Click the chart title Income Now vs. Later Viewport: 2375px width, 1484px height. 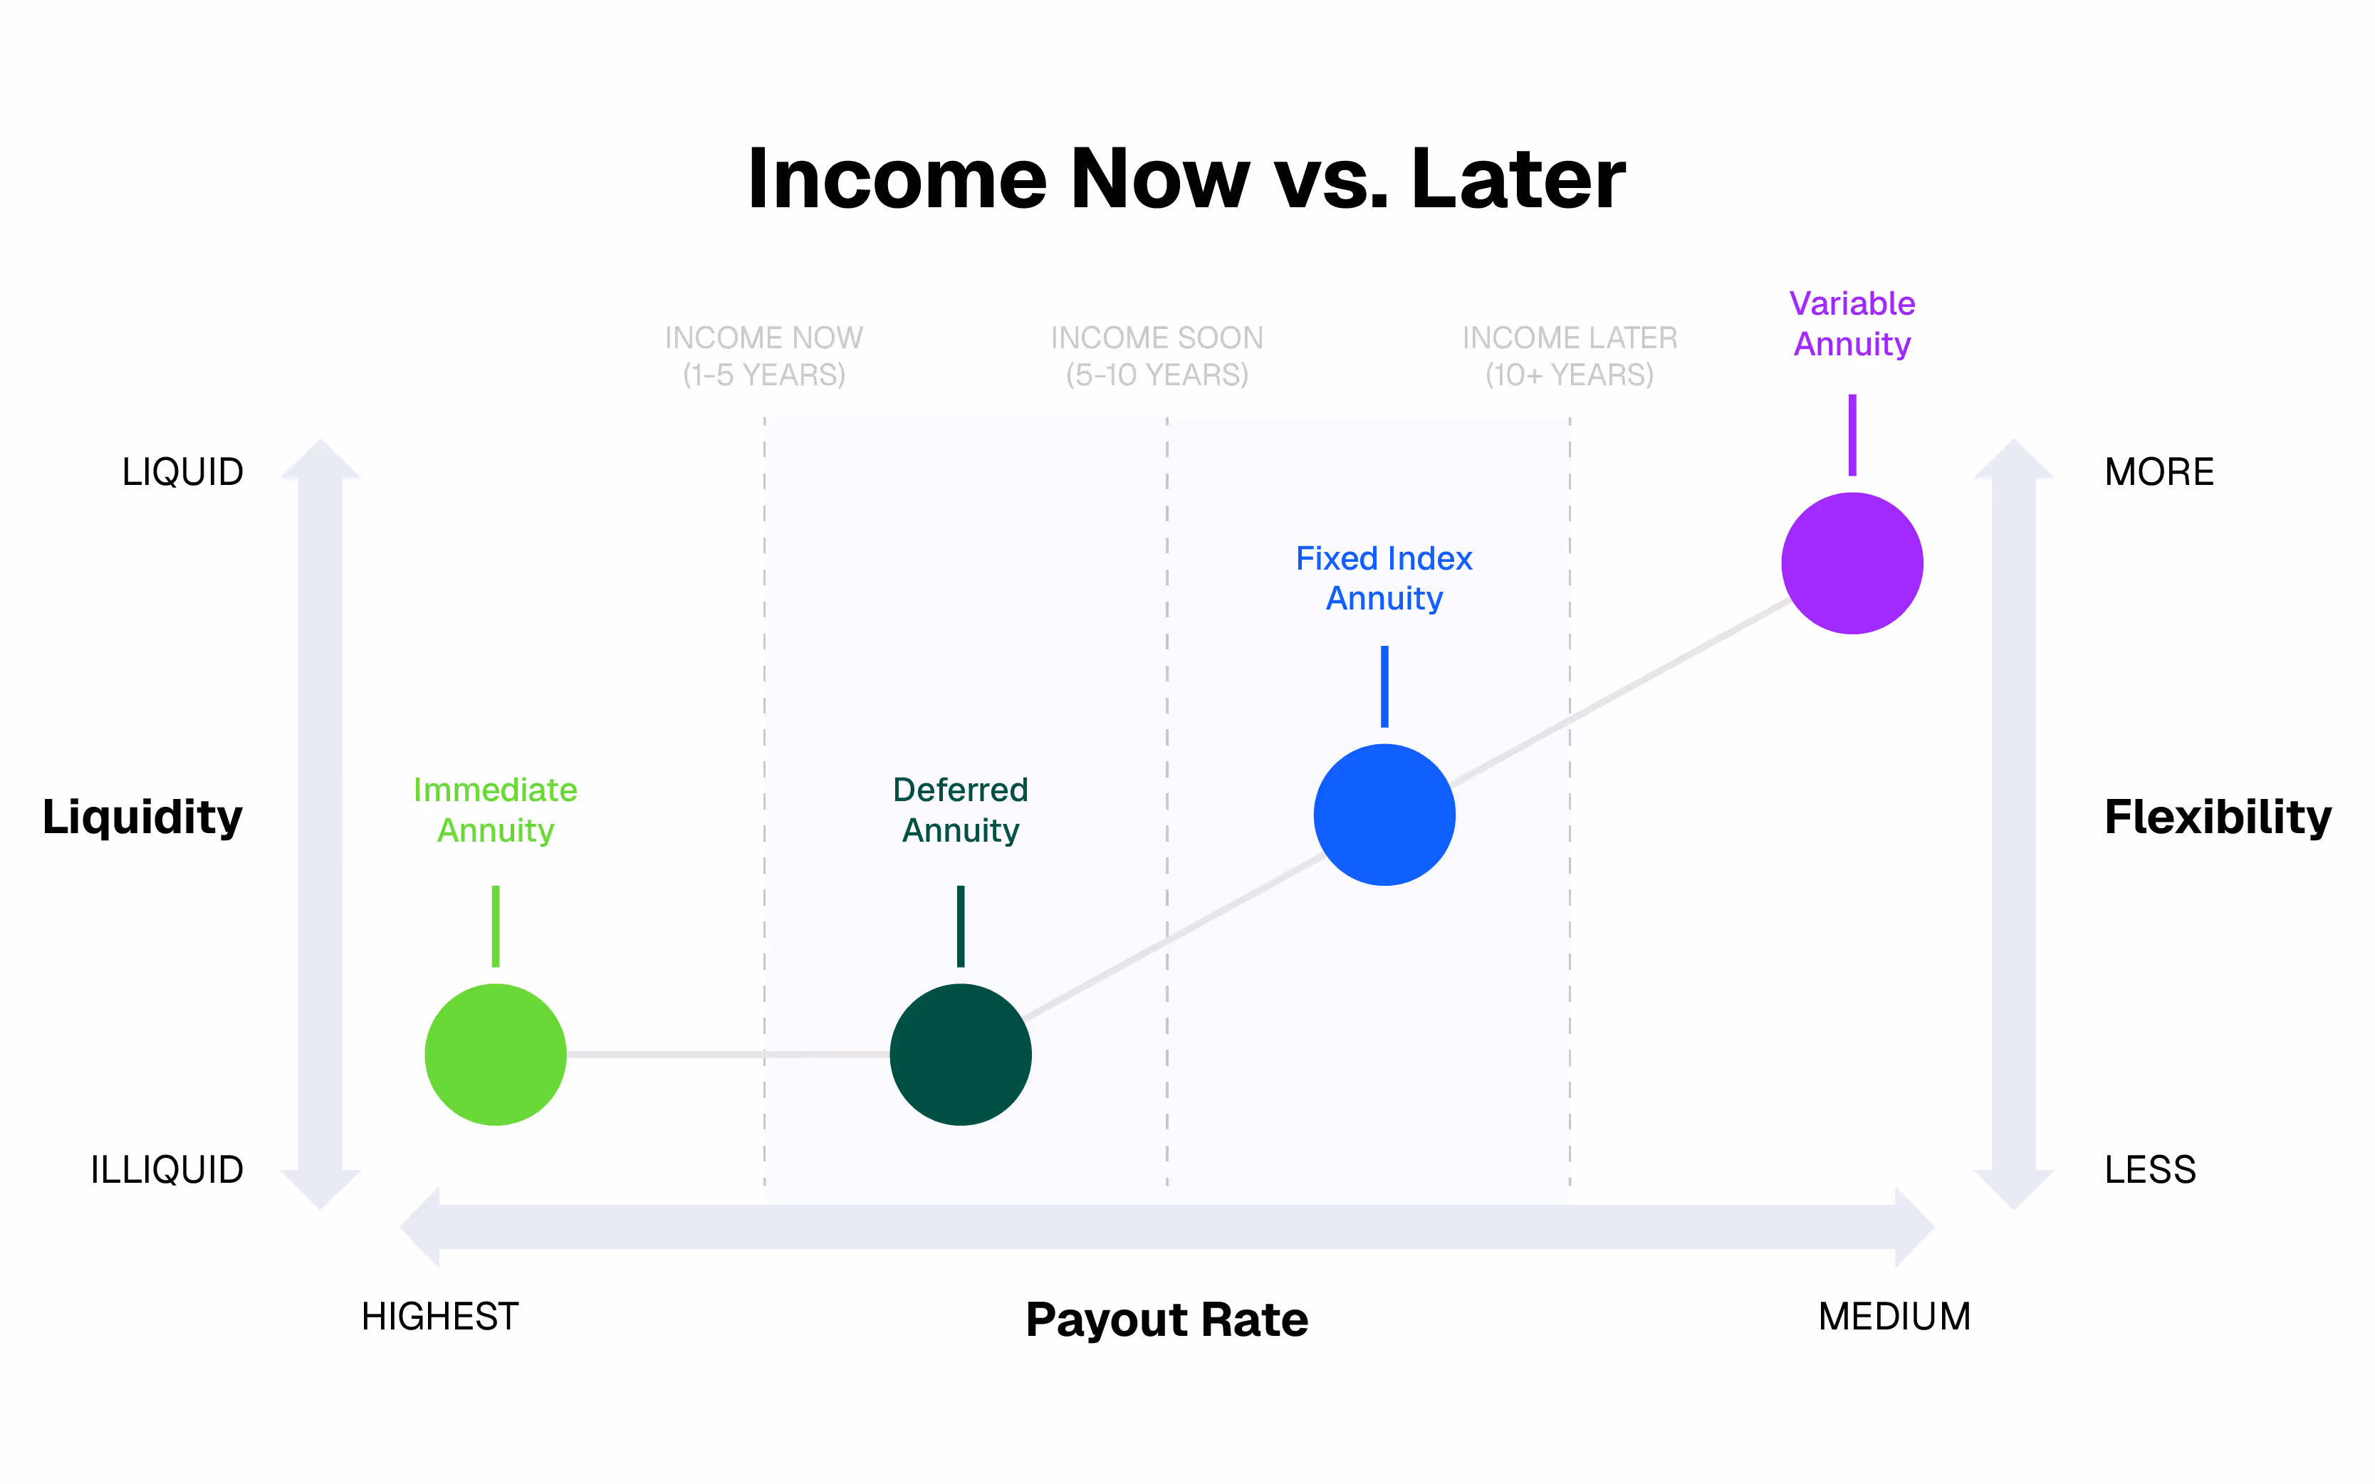pos(1186,179)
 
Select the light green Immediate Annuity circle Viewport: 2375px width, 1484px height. pos(496,1054)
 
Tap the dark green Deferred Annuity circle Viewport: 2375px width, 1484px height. pos(960,1054)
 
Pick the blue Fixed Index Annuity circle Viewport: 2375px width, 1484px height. pos(1384,815)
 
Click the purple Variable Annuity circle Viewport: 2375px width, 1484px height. pos(1852,563)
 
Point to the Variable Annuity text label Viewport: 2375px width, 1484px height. pos(1852,324)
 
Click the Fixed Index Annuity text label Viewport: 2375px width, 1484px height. pos(1384,578)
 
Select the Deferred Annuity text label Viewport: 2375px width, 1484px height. pos(960,810)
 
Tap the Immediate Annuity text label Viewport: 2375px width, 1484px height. pos(496,810)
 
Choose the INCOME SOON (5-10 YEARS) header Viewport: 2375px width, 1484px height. pos(1157,356)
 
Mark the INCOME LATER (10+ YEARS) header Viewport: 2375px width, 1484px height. pos(1570,356)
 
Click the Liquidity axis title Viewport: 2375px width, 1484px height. pos(142,817)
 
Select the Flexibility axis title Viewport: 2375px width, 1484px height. pos(2217,817)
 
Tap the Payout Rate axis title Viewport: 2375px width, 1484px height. pos(1167,1319)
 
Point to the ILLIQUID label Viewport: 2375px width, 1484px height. pos(167,1170)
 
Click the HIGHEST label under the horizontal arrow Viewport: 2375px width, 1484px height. pos(439,1316)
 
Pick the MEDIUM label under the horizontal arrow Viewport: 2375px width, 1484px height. pos(1894,1316)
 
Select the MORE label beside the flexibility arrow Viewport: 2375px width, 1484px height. pos(2159,472)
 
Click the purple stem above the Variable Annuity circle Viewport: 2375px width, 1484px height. pos(1852,435)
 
